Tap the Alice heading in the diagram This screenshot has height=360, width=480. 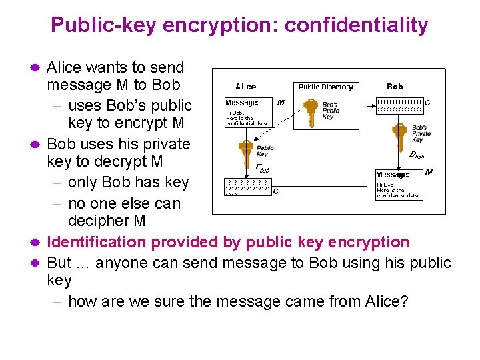[245, 87]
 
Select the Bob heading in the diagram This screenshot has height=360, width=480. [395, 87]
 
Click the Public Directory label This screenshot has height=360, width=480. [325, 87]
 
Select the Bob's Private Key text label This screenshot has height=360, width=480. [421, 133]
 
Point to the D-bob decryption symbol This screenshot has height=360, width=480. [416, 155]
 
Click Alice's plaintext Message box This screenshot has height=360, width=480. [247, 113]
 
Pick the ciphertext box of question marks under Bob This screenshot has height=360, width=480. [399, 105]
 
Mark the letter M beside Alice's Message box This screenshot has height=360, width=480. [280, 103]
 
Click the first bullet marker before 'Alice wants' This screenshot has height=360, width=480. [37, 67]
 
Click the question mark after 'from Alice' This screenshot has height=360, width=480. [403, 301]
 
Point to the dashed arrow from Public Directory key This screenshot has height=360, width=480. [280, 130]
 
